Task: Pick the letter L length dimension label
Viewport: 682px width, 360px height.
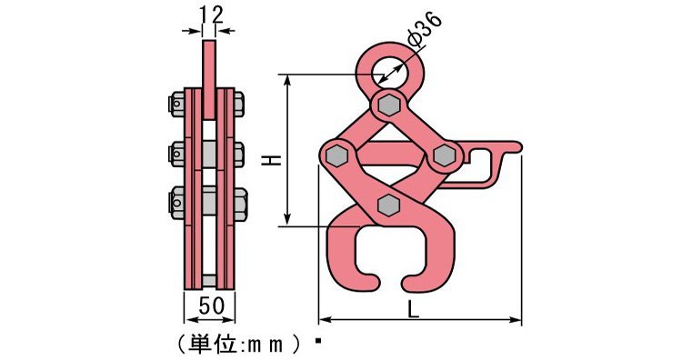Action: (x=414, y=309)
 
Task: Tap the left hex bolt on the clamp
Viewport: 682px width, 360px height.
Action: (x=336, y=155)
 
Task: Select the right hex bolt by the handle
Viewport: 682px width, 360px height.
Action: (x=445, y=155)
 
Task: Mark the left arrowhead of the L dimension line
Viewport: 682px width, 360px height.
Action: (x=323, y=320)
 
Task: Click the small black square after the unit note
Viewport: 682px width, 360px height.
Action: (x=318, y=343)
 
